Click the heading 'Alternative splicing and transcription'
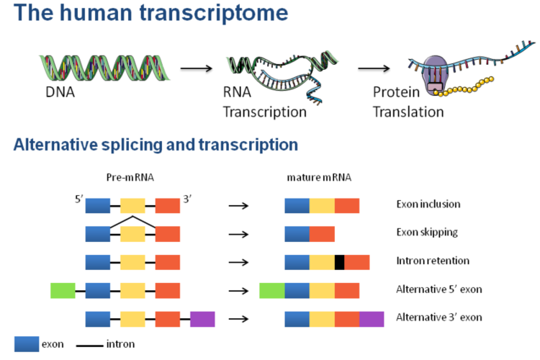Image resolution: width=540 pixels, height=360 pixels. (156, 145)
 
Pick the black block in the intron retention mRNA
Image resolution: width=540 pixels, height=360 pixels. (340, 262)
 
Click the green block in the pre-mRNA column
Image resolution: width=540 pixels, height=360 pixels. (63, 290)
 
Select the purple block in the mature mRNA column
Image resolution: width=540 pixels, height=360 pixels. (372, 318)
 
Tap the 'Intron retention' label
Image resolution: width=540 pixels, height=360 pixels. (432, 261)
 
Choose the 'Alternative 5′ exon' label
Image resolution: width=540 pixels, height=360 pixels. (438, 289)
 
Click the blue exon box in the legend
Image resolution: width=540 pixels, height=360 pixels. (26, 343)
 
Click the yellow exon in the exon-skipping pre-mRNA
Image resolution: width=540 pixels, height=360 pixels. (132, 234)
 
